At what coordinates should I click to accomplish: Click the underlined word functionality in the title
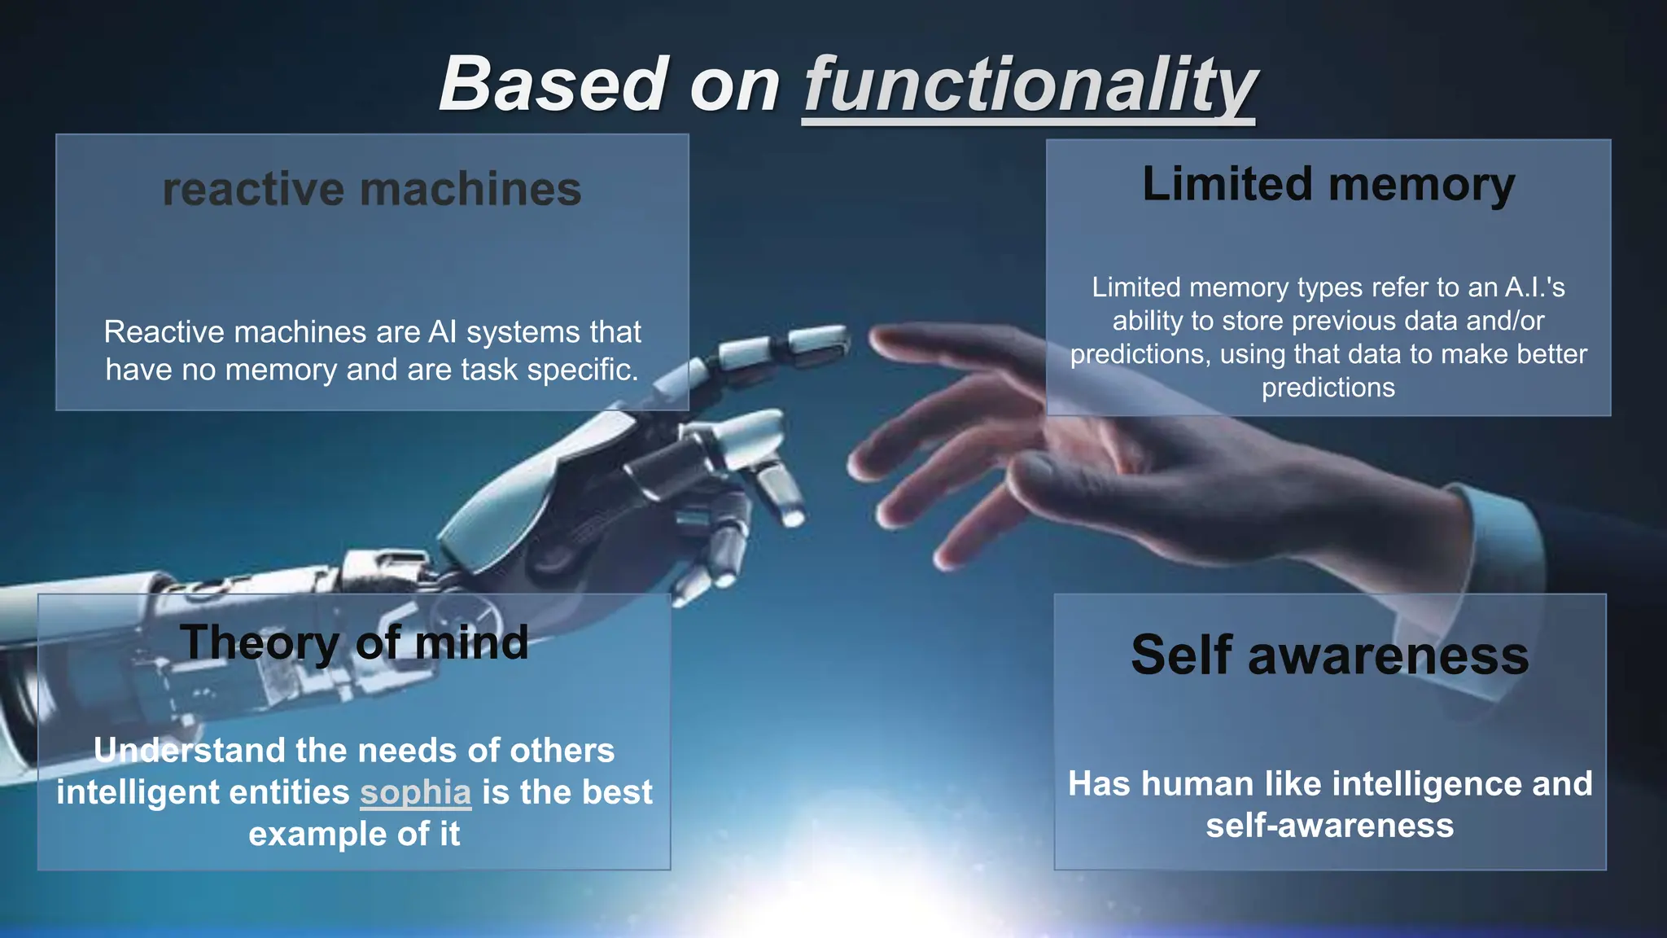coord(1030,85)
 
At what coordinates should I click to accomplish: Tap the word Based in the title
coord(553,85)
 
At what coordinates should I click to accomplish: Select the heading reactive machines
coord(372,189)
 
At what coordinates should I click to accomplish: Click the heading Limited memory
coord(1328,184)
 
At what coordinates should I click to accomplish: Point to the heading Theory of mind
coord(354,642)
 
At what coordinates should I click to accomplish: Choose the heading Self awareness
coord(1330,655)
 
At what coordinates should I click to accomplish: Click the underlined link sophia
coord(416,792)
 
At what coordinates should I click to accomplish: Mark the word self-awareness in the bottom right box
coord(1330,826)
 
